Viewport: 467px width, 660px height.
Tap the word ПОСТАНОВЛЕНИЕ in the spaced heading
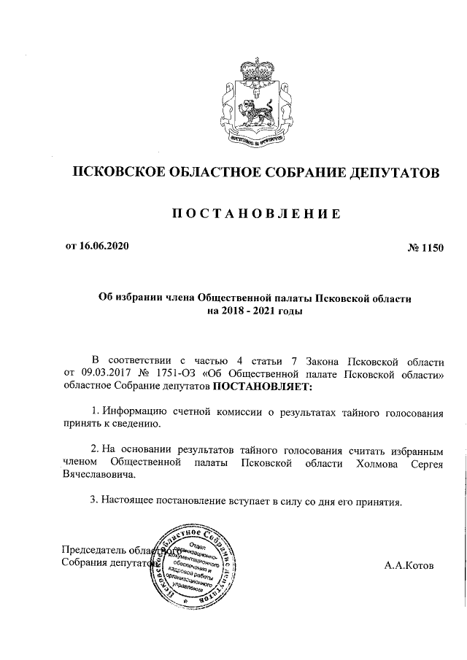point(255,213)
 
